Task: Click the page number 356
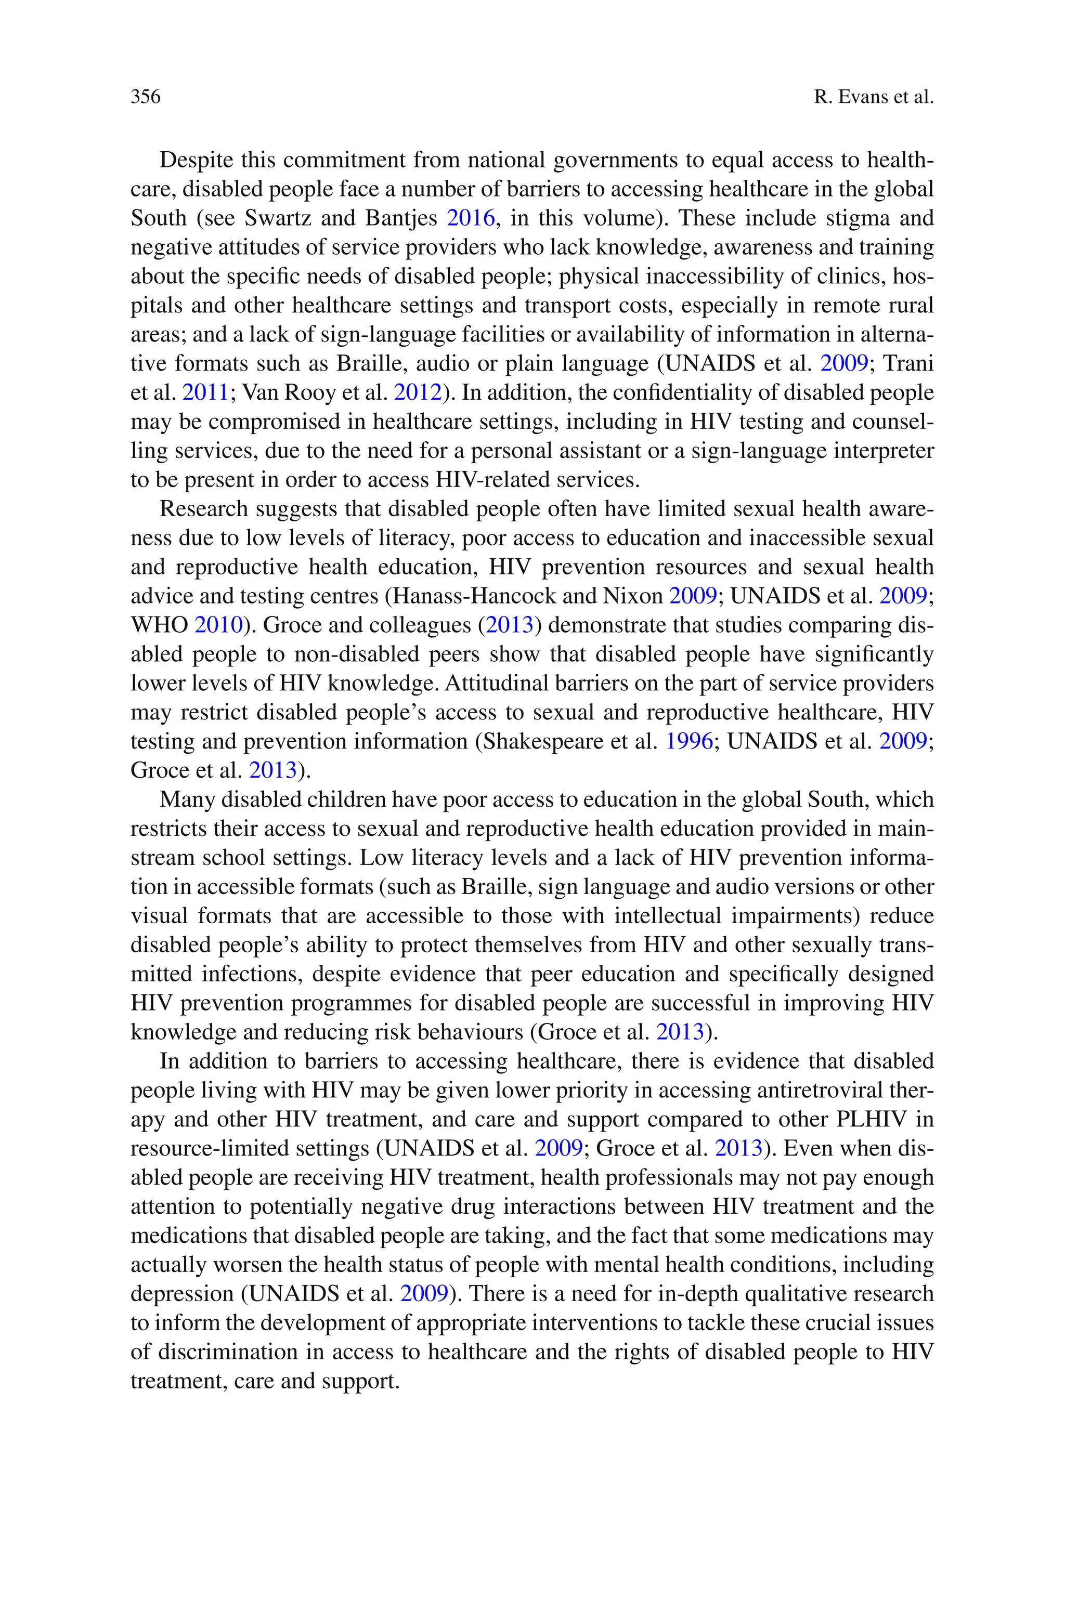[146, 97]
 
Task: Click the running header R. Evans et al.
[874, 97]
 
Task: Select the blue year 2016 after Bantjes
[471, 218]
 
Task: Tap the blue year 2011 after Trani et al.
[205, 392]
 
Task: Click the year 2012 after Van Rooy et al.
[418, 392]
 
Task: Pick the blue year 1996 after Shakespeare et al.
[689, 741]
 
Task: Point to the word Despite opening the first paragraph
[198, 160]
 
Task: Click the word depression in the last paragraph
[182, 1294]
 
